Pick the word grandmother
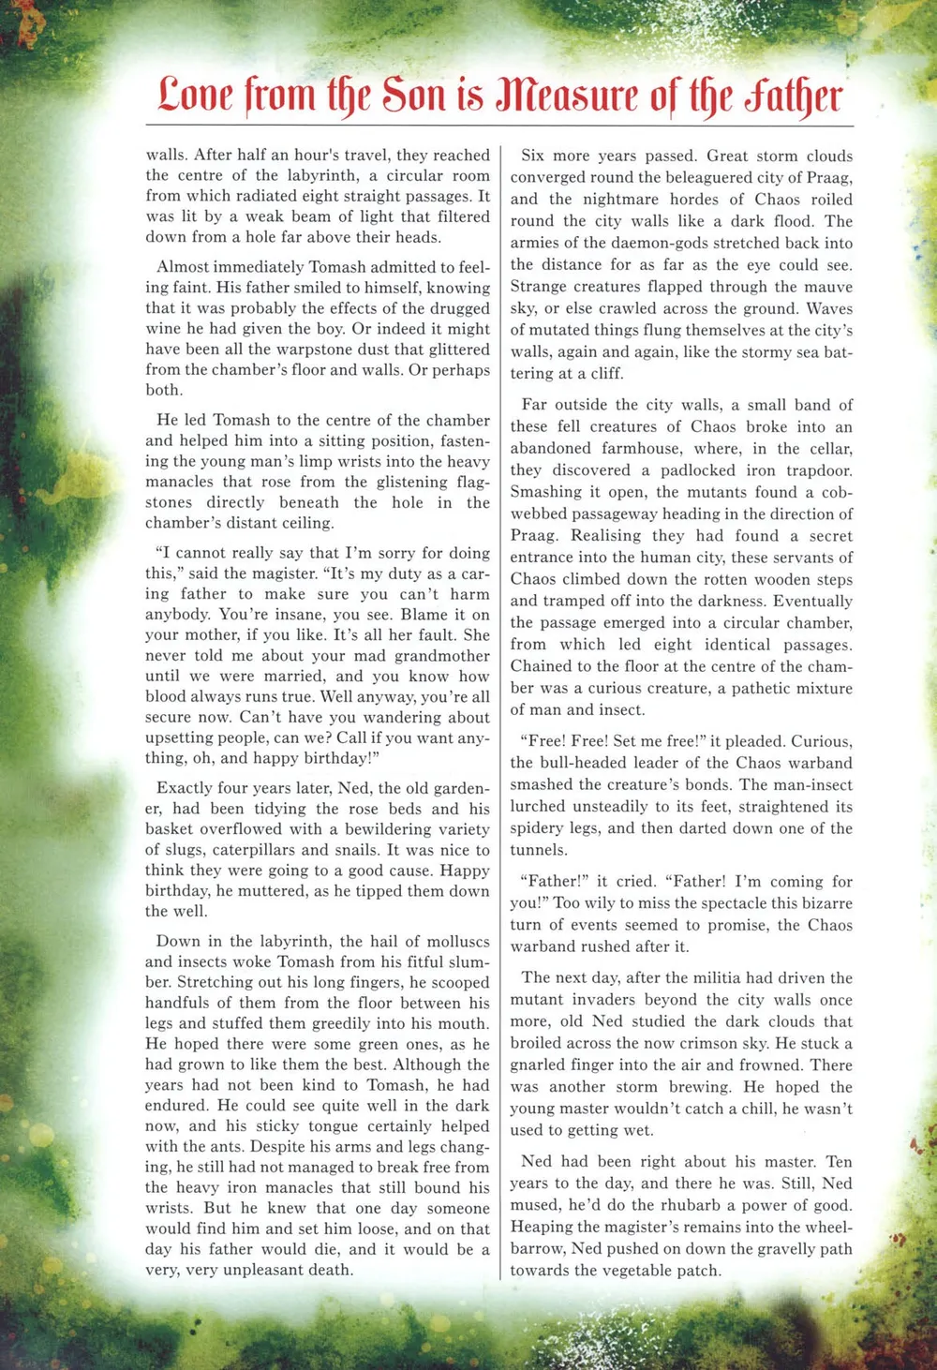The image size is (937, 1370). [x=441, y=656]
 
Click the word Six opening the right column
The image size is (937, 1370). [x=533, y=156]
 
